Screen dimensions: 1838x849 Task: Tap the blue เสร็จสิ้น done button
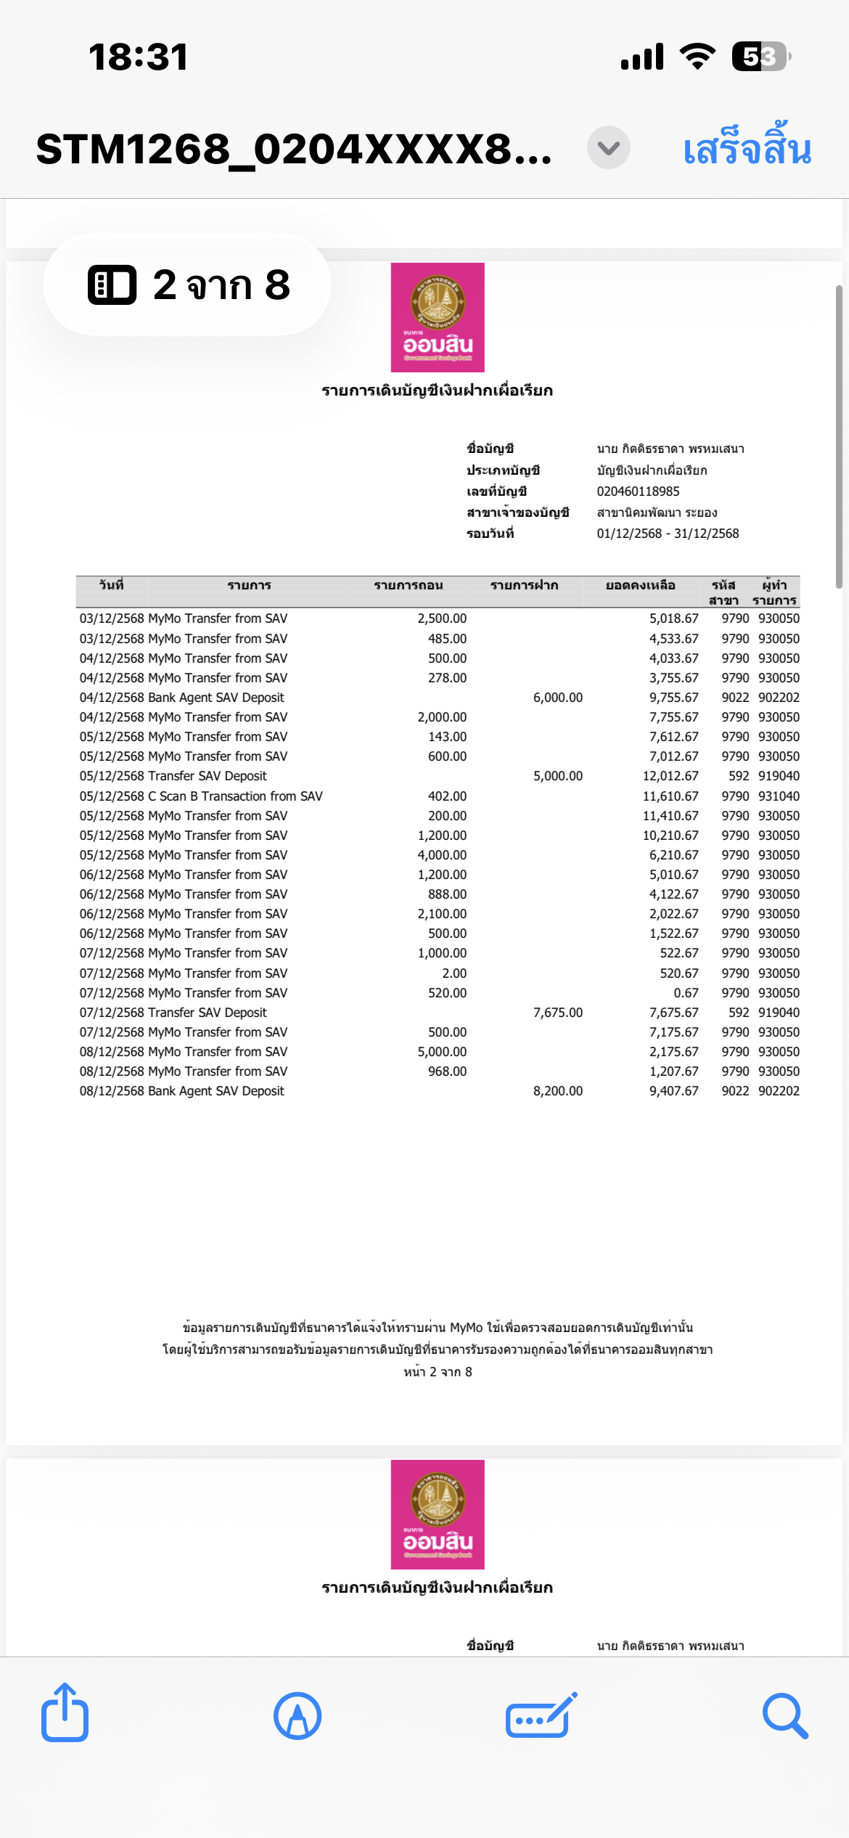747,149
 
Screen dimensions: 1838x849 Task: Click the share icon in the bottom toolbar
65,1714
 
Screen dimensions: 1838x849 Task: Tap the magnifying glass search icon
785,1715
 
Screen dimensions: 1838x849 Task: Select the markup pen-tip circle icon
298,1715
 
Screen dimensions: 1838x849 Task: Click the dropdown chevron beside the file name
608,148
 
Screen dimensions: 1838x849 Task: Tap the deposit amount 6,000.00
557,698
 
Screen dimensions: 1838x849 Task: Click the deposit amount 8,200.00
557,1091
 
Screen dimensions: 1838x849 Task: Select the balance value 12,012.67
670,776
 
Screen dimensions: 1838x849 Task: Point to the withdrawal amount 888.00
447,894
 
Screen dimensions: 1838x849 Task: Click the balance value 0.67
686,993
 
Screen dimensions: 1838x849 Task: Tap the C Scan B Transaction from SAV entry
235,796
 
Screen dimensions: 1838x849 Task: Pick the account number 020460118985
638,491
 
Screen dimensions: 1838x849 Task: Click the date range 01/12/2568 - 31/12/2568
668,534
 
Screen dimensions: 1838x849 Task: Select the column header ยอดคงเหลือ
640,586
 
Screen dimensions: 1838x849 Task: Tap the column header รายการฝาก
524,586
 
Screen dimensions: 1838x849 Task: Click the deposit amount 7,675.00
557,1013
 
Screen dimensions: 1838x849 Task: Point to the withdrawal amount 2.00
454,973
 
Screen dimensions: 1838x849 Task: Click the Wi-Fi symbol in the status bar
697,57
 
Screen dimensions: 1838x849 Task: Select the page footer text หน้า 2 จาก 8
438,1372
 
